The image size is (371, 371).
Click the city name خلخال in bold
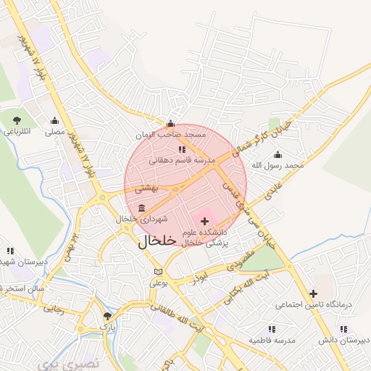[x=157, y=242]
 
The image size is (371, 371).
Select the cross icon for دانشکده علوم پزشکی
[x=205, y=220]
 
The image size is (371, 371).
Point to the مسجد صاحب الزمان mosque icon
[x=170, y=123]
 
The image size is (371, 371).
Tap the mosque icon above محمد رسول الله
[x=278, y=154]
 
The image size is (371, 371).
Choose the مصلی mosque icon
[x=54, y=121]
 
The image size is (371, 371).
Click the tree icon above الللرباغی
[x=17, y=120]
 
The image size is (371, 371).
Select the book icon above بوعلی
[x=158, y=272]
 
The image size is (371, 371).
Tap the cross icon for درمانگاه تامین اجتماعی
[x=313, y=293]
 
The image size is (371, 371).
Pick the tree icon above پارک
[x=108, y=316]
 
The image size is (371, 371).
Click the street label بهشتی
[x=146, y=188]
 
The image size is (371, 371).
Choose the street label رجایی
[x=55, y=309]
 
